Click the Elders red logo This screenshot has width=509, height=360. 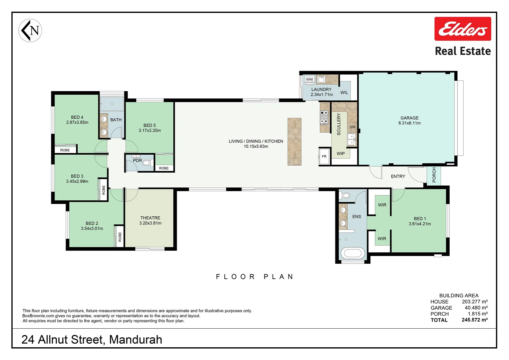463,29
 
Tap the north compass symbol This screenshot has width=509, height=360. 30,30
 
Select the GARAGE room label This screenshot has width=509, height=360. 409,118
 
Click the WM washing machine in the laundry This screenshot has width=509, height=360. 309,79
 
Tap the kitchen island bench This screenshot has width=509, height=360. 294,142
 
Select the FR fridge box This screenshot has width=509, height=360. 324,156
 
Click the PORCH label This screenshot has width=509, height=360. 434,175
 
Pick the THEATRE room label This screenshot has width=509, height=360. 150,218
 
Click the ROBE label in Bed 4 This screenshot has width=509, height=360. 65,150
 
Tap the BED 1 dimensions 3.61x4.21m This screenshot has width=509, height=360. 420,224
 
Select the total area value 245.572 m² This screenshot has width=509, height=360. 475,320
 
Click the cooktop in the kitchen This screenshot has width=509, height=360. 324,117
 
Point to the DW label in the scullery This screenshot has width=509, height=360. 352,127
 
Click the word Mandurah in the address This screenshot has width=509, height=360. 136,340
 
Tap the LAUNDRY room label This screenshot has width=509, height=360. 321,89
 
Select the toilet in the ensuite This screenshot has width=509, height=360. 344,195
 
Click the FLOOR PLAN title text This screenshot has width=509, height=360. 254,277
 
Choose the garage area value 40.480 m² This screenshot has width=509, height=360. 476,308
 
